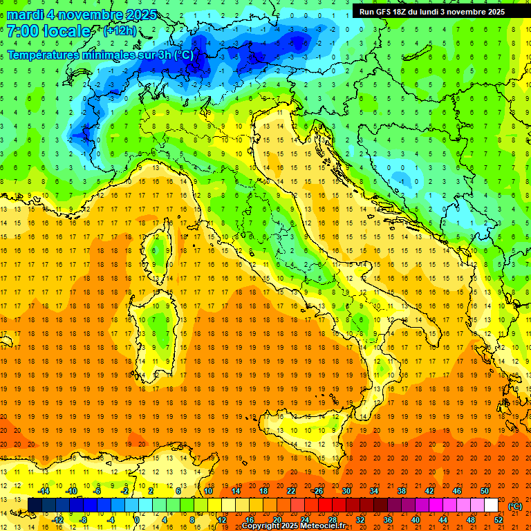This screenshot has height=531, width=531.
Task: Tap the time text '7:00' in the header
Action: [23, 32]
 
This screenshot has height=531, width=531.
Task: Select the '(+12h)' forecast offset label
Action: [120, 31]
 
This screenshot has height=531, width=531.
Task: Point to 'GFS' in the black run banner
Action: [386, 12]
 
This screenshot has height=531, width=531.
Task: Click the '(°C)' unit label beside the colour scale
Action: [515, 505]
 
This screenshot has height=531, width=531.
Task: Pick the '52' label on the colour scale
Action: [499, 519]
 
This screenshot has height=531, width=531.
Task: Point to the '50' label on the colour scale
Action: [484, 491]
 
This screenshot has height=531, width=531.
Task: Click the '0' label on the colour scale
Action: [137, 519]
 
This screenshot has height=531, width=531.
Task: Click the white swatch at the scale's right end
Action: [492, 505]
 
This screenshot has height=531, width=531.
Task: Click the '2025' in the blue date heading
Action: [138, 15]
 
